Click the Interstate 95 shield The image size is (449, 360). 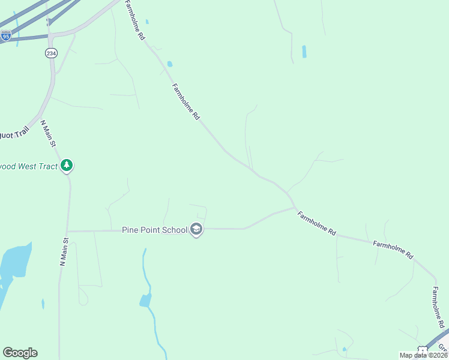5,36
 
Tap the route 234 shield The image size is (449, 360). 50,53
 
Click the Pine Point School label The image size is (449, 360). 154,229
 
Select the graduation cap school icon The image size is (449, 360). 196,229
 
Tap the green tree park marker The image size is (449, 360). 67,165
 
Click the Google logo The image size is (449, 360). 20,353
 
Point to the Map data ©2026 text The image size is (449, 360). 423,355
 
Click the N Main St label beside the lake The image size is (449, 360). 64,251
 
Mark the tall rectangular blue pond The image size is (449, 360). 304,52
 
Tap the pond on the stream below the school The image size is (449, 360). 145,301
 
